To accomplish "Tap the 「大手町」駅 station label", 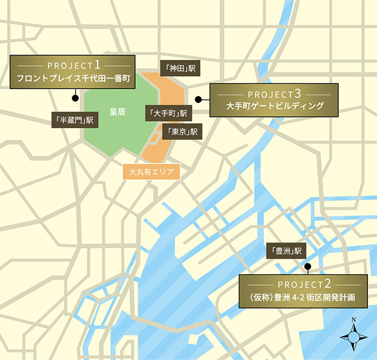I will click(168, 112).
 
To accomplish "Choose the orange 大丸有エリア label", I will click(151, 172).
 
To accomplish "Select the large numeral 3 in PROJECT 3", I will click(297, 93).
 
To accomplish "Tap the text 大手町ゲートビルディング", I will click(275, 107).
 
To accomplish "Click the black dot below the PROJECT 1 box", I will click(75, 98).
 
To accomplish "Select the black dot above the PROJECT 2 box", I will click(307, 267).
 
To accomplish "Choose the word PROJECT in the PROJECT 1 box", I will click(68, 64).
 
